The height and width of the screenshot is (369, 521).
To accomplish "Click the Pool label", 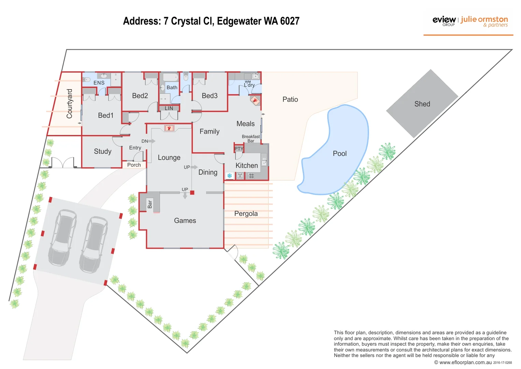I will click(x=339, y=154).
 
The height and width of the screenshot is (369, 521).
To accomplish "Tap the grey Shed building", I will click(x=422, y=104).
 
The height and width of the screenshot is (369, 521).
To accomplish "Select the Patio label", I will click(x=290, y=99).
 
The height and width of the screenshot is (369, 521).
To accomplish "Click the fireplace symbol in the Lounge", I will click(x=169, y=128).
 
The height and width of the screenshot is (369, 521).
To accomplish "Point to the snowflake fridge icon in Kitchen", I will click(x=230, y=176).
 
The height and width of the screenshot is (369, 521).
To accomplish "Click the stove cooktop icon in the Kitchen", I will click(x=251, y=176).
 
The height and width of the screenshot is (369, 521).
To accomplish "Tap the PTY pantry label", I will click(x=238, y=149).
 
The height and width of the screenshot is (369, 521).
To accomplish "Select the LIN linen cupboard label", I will click(x=169, y=108).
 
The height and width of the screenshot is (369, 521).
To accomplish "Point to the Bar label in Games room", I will click(x=150, y=204).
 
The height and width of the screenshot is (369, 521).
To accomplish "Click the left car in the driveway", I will click(x=62, y=237).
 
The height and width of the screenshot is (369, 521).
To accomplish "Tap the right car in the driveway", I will click(x=93, y=244).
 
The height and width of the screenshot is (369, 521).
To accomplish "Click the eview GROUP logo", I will click(x=444, y=20).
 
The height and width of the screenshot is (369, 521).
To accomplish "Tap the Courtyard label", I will click(x=70, y=104).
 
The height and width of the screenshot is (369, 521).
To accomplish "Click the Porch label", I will click(x=134, y=165).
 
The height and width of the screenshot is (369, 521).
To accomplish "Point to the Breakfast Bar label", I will click(x=251, y=138).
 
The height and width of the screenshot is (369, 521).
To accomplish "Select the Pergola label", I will click(x=246, y=214).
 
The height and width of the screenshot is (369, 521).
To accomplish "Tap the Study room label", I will click(x=102, y=151).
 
